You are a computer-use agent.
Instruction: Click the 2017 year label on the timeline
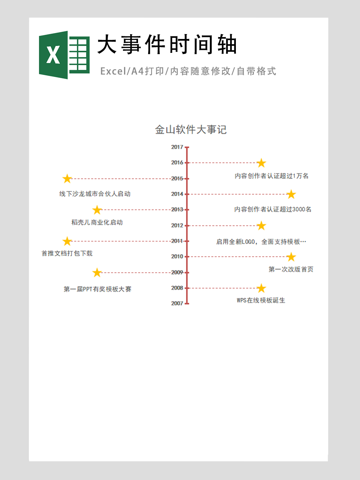177,147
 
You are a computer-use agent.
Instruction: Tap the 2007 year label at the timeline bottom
177,303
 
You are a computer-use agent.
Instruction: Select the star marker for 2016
261,163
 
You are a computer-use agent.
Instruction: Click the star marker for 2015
67,179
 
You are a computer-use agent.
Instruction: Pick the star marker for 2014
291,194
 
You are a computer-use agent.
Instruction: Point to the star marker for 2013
97,210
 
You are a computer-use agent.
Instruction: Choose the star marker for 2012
261,226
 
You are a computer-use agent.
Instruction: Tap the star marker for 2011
67,241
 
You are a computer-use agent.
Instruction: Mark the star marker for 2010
291,257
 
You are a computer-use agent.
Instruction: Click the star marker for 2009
97,273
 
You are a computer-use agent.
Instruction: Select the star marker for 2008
261,288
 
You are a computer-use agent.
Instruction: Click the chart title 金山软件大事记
191,129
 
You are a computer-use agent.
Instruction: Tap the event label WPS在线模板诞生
261,301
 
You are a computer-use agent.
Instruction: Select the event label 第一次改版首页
291,269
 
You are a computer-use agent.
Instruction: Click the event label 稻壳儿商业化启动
97,223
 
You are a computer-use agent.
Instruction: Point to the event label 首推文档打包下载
67,253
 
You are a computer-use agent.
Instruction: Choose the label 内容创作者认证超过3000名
273,209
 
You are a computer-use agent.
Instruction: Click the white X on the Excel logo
53,55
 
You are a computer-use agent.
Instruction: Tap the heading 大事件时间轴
167,44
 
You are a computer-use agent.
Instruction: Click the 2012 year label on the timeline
177,226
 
